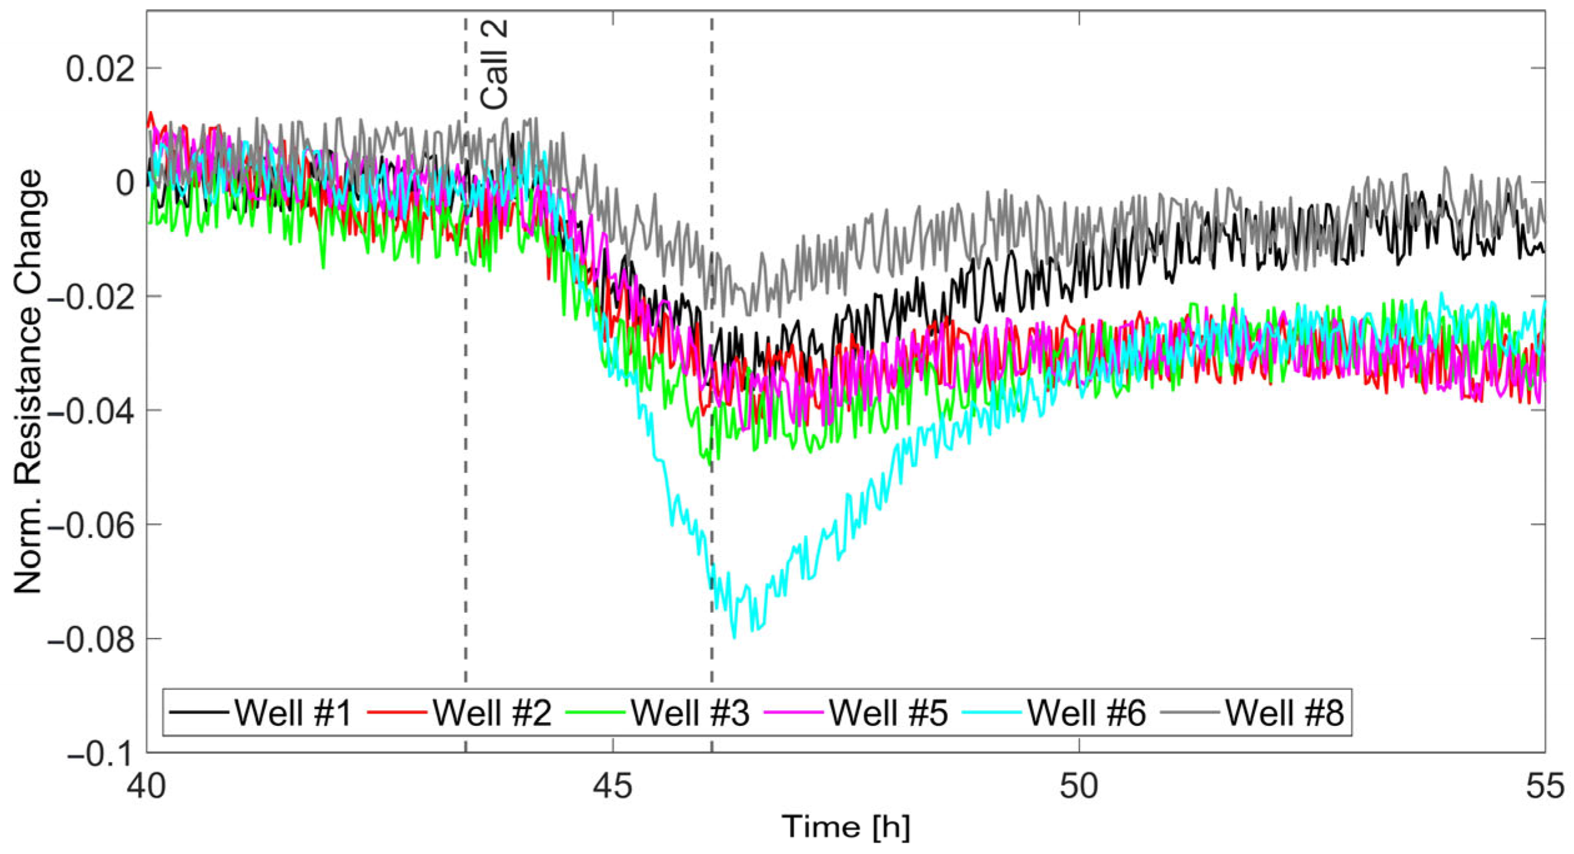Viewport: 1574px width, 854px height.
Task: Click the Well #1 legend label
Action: pos(293,712)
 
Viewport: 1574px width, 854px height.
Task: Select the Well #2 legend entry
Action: pos(491,712)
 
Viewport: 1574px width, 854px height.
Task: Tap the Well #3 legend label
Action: pos(689,712)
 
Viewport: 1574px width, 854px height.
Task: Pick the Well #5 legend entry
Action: pos(888,712)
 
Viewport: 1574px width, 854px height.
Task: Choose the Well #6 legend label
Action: pos(1086,712)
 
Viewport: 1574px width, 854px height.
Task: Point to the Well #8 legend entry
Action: pos(1284,712)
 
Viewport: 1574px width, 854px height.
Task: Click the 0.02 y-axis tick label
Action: pos(100,69)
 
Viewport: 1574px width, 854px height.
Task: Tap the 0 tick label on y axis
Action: pos(125,183)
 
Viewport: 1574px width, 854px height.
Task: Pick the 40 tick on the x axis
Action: pos(147,786)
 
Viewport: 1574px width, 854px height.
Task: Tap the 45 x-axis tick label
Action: pos(612,786)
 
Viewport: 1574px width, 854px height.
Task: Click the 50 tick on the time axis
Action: pos(1079,786)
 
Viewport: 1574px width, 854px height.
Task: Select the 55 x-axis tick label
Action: pos(1545,786)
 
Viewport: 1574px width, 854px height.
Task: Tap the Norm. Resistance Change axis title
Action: pos(28,381)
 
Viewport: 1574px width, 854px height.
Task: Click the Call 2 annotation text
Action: pos(494,65)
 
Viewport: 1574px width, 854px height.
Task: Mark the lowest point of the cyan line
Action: pos(734,638)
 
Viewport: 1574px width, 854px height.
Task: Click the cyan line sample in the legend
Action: pos(991,712)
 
